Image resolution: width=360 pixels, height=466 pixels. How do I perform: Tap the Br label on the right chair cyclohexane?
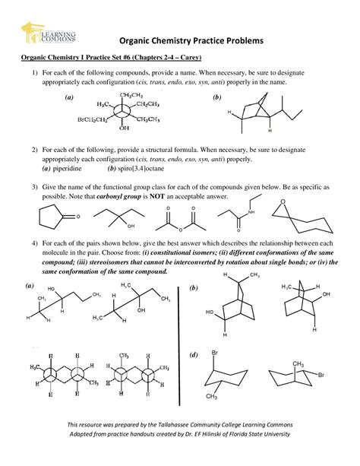[322, 376]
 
